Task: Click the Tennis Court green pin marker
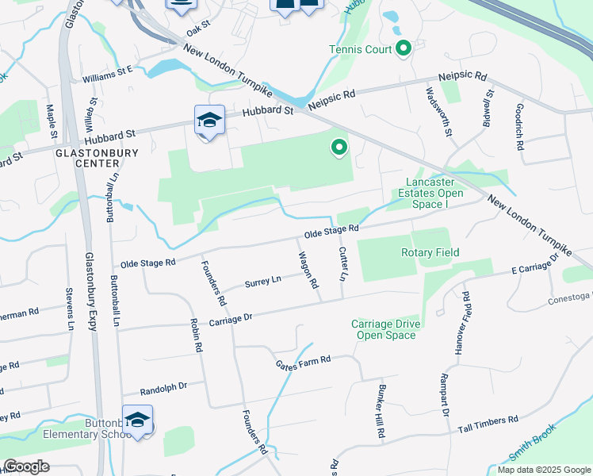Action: [x=404, y=50]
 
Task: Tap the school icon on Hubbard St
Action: [x=209, y=121]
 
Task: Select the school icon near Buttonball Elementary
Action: [x=137, y=420]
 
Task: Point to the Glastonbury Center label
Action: [x=96, y=158]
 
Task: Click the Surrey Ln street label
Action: [x=263, y=281]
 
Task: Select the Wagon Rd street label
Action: [x=308, y=271]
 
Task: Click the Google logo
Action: [x=26, y=466]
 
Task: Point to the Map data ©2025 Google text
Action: [x=543, y=470]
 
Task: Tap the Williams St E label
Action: [x=107, y=71]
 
